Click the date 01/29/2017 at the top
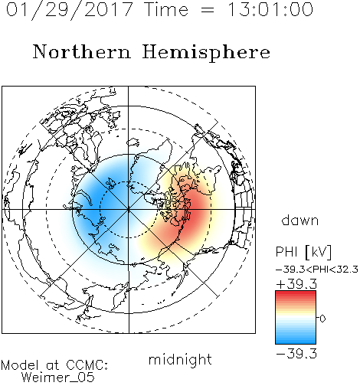click(x=70, y=10)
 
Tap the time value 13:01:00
click(x=270, y=9)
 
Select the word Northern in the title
click(x=81, y=51)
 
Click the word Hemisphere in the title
click(x=206, y=53)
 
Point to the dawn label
click(x=300, y=220)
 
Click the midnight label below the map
click(x=180, y=359)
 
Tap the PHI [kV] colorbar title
click(x=303, y=252)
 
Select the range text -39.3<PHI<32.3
click(x=317, y=270)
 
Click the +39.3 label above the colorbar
click(x=296, y=284)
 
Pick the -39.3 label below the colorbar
click(x=296, y=354)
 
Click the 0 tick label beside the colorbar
click(x=322, y=319)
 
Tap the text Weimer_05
click(x=58, y=377)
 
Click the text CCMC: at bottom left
click(x=87, y=365)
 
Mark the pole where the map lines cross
click(x=129, y=210)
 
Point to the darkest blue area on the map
click(x=98, y=201)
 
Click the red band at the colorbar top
click(x=296, y=294)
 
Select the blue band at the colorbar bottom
click(x=296, y=340)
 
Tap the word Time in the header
click(x=166, y=10)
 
